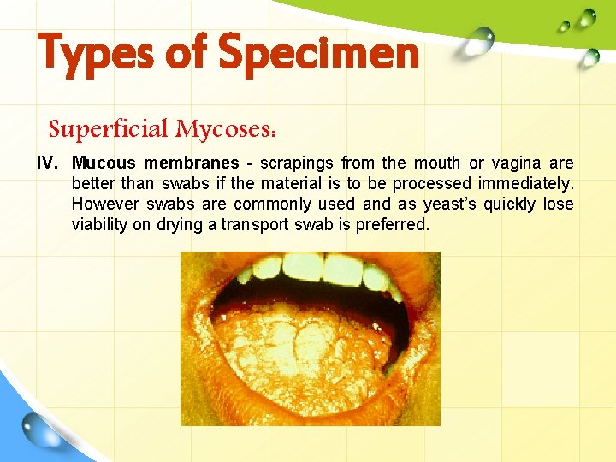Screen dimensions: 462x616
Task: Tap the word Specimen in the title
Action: point(318,53)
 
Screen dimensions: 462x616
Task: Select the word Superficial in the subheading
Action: point(109,129)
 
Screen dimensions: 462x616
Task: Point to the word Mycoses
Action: point(225,129)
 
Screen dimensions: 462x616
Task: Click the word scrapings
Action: point(297,163)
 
